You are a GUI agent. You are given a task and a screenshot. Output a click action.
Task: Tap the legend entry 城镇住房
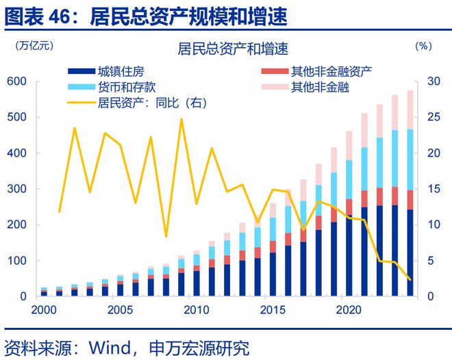tap(121, 71)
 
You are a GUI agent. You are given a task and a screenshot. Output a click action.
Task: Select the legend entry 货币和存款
tap(127, 87)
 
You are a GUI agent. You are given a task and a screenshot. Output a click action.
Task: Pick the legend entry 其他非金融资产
tap(331, 71)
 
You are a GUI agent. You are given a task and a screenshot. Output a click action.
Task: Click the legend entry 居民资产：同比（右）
tap(151, 103)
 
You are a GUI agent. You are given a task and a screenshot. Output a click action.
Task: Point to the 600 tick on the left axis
tap(16, 81)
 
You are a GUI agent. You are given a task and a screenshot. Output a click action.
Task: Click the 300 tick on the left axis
tap(16, 189)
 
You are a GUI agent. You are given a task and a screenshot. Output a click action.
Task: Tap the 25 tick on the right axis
tap(433, 118)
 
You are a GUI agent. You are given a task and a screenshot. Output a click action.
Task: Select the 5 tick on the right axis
tap(430, 261)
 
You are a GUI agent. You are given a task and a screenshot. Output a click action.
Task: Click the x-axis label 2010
tap(194, 309)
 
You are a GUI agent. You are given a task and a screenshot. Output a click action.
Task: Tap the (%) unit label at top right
tap(423, 46)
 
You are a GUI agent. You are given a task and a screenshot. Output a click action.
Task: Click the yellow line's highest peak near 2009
tap(181, 119)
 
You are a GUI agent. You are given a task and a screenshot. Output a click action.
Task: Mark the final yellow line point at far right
tap(410, 279)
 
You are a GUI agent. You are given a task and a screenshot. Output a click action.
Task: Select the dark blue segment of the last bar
tap(410, 253)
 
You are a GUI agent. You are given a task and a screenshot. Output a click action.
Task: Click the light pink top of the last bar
tap(410, 110)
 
